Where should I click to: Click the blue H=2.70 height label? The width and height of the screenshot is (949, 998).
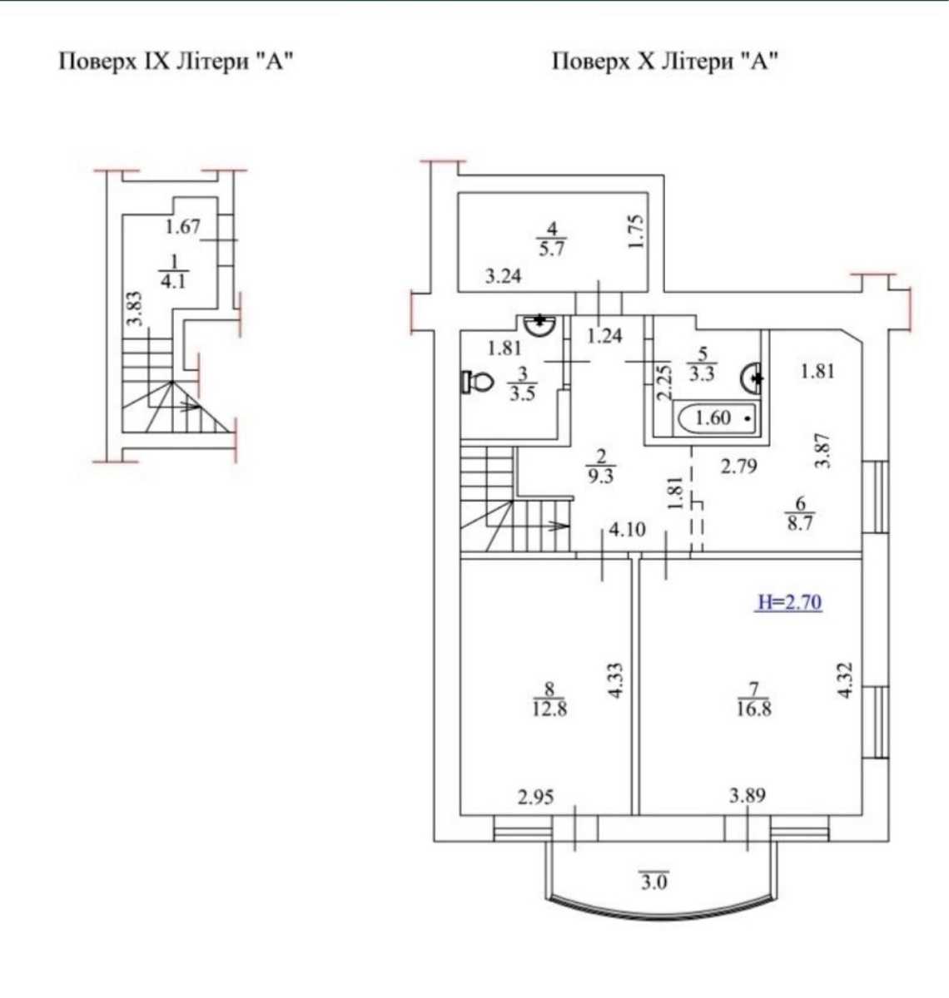[790, 603]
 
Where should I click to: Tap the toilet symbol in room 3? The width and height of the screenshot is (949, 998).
[477, 381]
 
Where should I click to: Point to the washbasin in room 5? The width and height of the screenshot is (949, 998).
[752, 378]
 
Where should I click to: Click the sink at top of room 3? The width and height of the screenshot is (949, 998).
[539, 325]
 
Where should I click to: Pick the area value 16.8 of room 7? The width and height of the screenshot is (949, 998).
[754, 709]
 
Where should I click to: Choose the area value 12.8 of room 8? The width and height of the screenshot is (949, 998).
[549, 709]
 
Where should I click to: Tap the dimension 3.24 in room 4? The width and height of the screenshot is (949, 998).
[503, 276]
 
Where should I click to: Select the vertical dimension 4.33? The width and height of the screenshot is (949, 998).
[615, 681]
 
